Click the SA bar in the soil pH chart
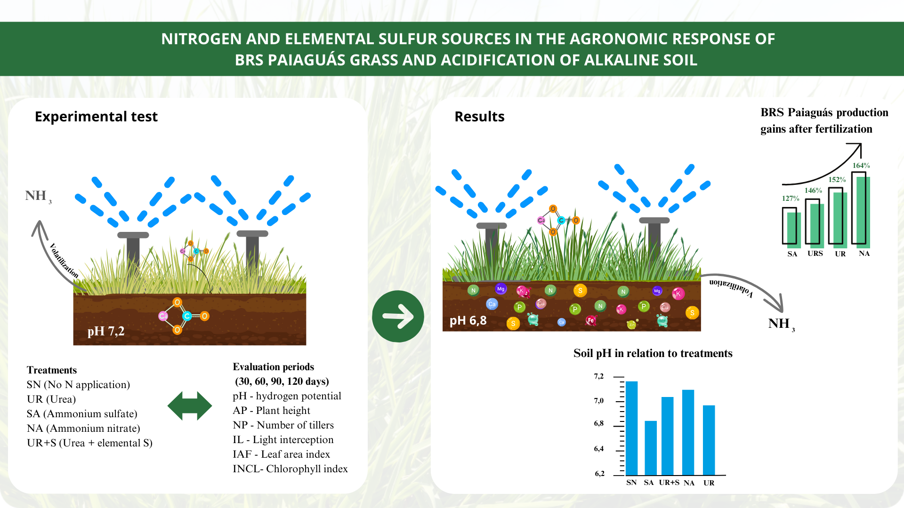point(650,448)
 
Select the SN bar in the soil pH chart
point(631,428)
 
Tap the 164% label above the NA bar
point(861,166)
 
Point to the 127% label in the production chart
point(791,198)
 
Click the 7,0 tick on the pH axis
point(599,401)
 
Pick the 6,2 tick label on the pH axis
point(599,474)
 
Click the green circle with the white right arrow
point(398,316)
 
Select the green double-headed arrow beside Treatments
point(190,405)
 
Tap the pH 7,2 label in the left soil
point(106,331)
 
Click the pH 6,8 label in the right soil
point(468,321)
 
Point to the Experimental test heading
point(96,117)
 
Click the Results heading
point(479,117)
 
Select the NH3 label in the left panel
point(38,196)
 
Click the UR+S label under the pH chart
point(669,483)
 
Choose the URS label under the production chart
point(815,254)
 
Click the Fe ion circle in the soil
point(590,320)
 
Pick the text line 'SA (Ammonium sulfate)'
point(82,414)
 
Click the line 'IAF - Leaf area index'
point(281,454)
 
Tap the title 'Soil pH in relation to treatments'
point(653,353)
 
